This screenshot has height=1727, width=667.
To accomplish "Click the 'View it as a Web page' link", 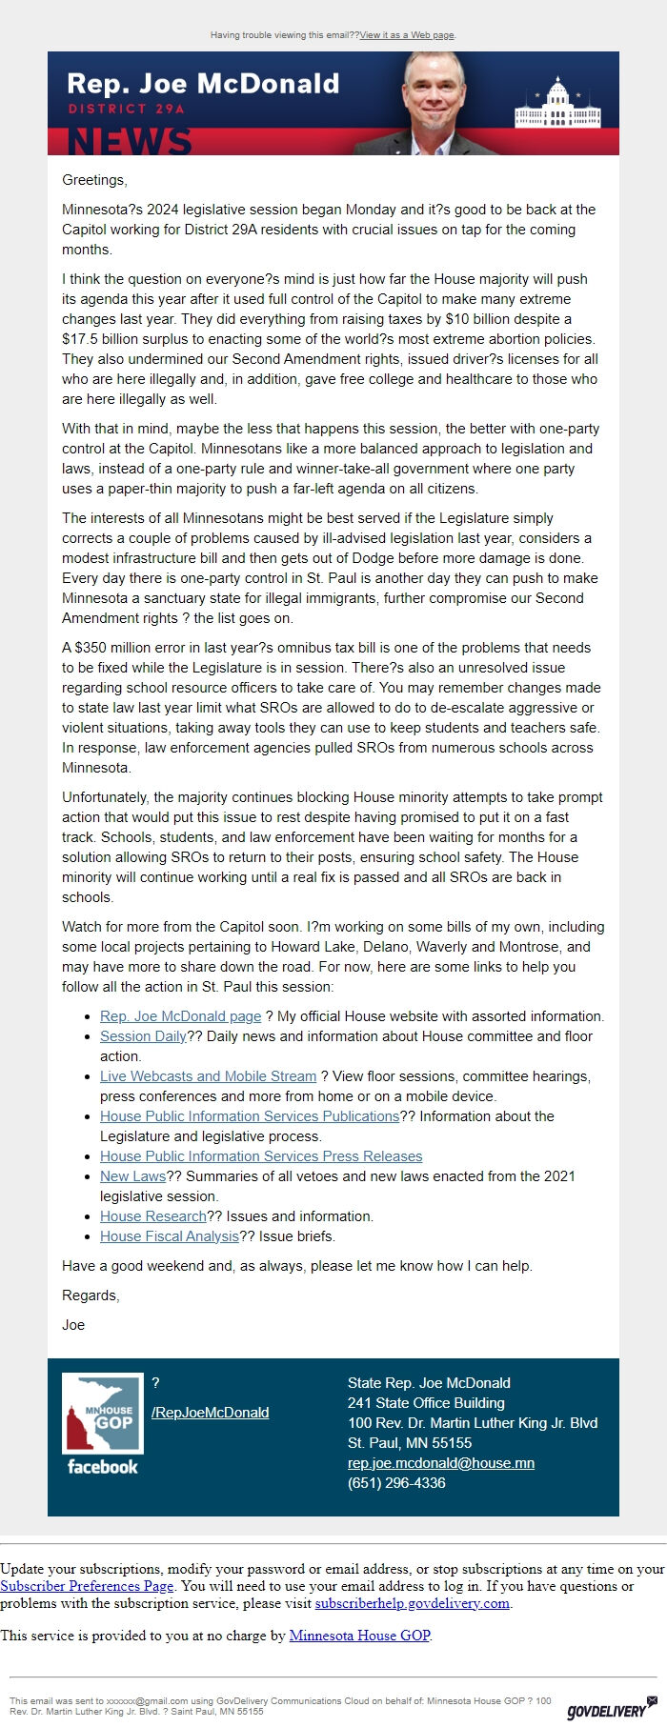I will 407,35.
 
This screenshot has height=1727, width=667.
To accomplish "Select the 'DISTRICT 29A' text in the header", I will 127,109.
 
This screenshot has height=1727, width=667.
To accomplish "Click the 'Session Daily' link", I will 143,1036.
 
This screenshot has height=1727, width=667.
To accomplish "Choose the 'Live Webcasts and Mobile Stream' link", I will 208,1076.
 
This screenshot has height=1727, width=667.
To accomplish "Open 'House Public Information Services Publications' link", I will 250,1116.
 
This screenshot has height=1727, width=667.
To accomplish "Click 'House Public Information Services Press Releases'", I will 261,1156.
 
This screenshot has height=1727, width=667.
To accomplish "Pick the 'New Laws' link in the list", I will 132,1176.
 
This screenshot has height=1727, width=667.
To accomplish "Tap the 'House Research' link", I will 152,1216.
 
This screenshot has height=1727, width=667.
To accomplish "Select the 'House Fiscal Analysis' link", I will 169,1236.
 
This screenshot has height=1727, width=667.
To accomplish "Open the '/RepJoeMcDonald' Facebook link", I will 210,1413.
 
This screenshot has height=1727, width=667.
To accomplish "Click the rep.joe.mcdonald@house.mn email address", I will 440,1463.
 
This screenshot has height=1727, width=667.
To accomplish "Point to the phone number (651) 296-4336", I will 396,1483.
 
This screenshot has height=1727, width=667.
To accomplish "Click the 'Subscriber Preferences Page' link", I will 87,1586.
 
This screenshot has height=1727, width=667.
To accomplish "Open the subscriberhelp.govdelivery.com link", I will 412,1603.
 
